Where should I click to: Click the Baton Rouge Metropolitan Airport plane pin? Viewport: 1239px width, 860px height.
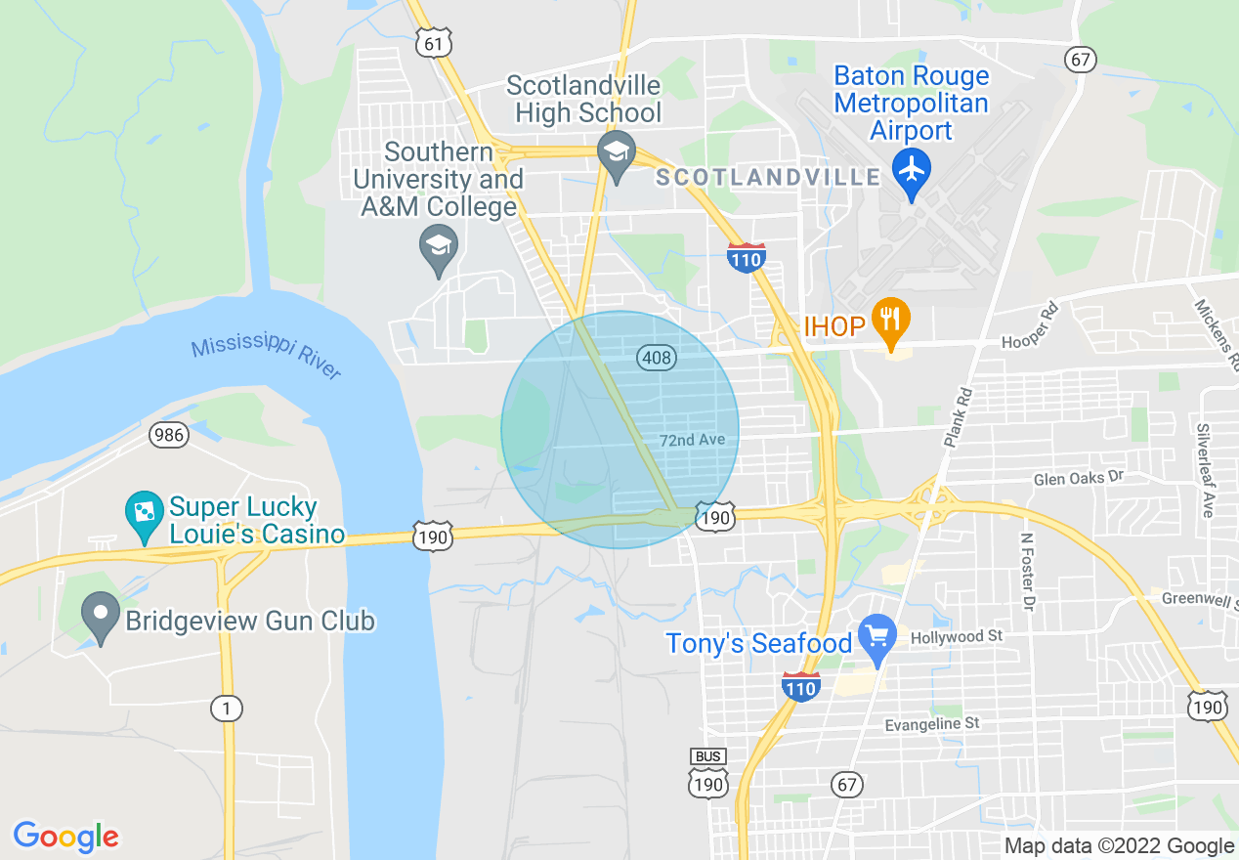912,171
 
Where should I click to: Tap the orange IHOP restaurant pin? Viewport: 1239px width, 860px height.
890,320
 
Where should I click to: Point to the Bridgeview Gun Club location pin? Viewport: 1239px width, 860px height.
101,616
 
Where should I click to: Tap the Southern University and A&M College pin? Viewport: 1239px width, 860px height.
439,245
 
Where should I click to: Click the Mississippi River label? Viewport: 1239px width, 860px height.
265,359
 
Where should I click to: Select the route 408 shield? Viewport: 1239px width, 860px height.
657,358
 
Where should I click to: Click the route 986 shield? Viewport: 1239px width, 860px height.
169,435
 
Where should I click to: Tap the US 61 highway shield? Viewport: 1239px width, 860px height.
433,43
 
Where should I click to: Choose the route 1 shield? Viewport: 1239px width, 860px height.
227,709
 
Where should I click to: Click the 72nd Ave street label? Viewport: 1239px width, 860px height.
692,440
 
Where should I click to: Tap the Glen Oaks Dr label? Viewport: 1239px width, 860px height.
1080,478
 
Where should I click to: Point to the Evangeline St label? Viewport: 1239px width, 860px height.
931,724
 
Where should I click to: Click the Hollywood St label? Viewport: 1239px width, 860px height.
957,636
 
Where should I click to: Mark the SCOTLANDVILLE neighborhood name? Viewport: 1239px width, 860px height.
768,178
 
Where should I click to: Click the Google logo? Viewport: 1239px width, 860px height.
65,837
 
